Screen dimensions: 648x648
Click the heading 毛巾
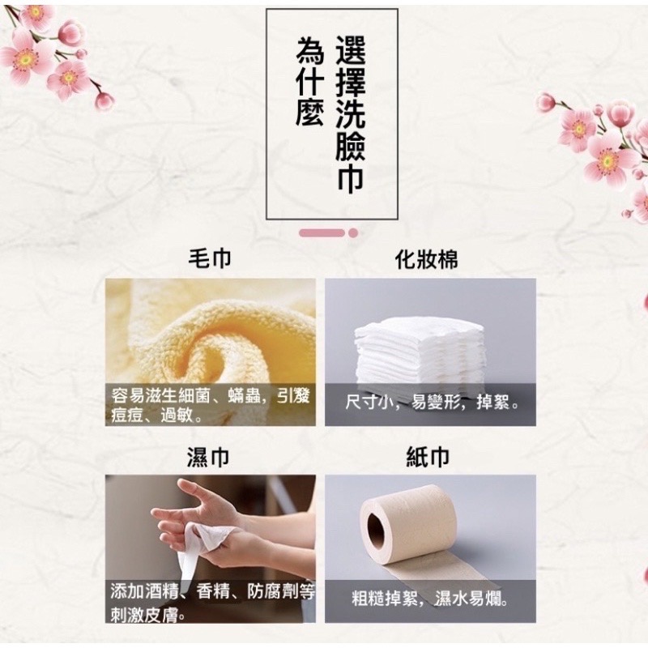[210, 258]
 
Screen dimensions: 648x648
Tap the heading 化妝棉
[427, 259]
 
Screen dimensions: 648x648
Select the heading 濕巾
[208, 457]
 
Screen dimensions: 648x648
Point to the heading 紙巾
[428, 457]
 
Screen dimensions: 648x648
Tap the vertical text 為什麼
[310, 81]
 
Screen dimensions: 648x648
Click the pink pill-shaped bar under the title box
[322, 233]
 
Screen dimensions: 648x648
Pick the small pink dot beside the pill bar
[353, 233]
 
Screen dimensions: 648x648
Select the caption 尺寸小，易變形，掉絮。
[432, 402]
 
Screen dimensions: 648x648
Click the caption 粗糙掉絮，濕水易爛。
[430, 599]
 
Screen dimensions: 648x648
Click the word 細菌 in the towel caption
[196, 397]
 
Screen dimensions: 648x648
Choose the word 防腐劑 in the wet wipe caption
[273, 592]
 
